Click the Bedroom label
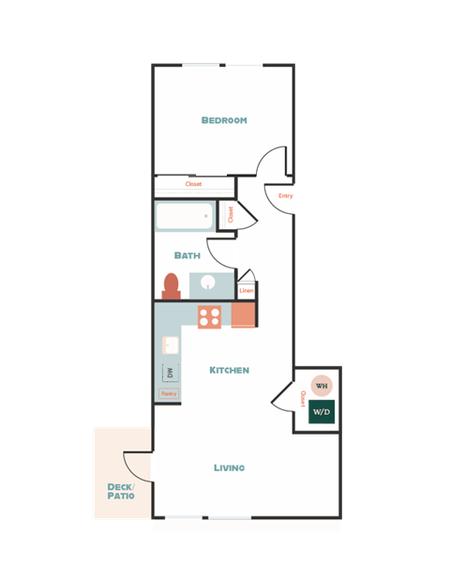[x=224, y=120]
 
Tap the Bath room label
[x=187, y=255]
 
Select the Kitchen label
[x=229, y=370]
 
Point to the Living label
[x=229, y=467]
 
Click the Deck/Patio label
[x=121, y=491]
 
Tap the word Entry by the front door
[x=285, y=196]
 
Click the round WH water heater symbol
[x=322, y=386]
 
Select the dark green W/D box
[x=322, y=412]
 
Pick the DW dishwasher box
[x=170, y=373]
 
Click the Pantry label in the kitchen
[x=169, y=394]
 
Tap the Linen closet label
[x=247, y=291]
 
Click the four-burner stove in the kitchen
[x=209, y=316]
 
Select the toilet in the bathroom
[x=171, y=284]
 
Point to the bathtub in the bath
[x=185, y=218]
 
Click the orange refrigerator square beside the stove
[x=242, y=316]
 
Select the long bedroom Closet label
[x=193, y=184]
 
